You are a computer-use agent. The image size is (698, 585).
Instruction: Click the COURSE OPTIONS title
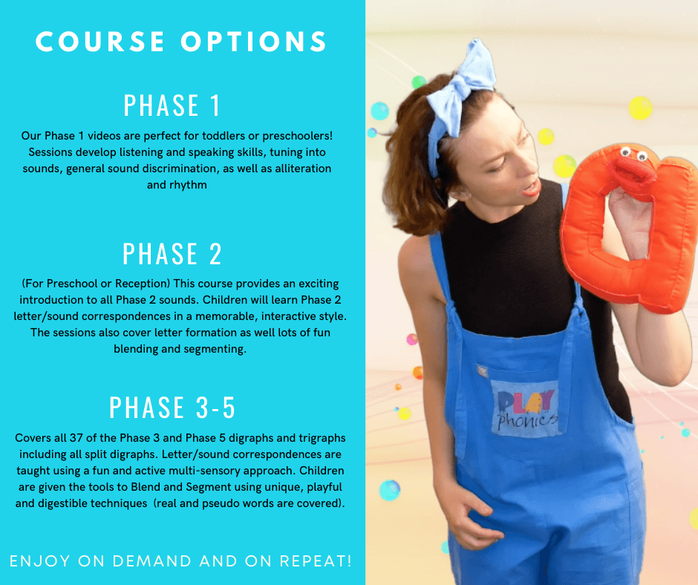pos(181,42)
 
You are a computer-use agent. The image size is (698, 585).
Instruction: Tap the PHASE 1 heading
pos(172,105)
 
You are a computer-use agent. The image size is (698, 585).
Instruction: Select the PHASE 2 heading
pos(172,254)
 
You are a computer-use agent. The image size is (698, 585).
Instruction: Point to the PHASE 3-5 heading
pos(172,408)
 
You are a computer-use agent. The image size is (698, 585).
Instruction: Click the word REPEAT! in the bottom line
pos(316,561)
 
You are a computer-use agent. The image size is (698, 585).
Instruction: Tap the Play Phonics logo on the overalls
pos(526,409)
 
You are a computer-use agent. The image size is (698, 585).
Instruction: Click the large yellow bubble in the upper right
pos(640,108)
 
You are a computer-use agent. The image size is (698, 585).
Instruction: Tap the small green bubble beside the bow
pos(419,82)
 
